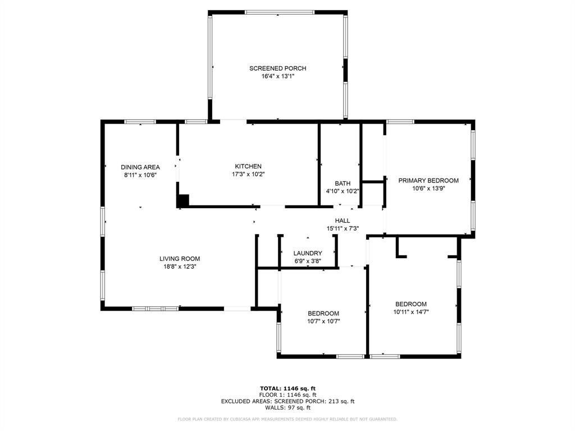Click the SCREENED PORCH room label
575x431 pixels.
[277, 68]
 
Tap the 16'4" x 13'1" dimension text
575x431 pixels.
[277, 76]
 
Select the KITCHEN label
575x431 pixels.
[248, 167]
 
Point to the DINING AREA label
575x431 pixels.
[140, 167]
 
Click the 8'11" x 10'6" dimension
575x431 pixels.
[140, 175]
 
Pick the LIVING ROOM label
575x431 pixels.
[180, 259]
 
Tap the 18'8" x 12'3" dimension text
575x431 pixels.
[180, 267]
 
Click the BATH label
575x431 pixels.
[343, 184]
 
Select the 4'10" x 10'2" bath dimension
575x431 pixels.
[343, 191]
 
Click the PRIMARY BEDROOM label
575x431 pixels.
[428, 181]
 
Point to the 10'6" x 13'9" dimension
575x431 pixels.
[428, 189]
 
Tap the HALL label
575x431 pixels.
[343, 221]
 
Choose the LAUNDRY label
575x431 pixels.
[308, 254]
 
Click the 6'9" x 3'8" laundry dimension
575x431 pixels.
[308, 261]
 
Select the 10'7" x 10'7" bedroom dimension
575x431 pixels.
[323, 322]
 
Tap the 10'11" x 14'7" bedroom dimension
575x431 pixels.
[410, 311]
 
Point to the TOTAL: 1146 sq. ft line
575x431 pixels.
[287, 388]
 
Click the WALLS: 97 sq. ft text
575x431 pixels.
[287, 408]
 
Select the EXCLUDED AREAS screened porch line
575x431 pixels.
[287, 401]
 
